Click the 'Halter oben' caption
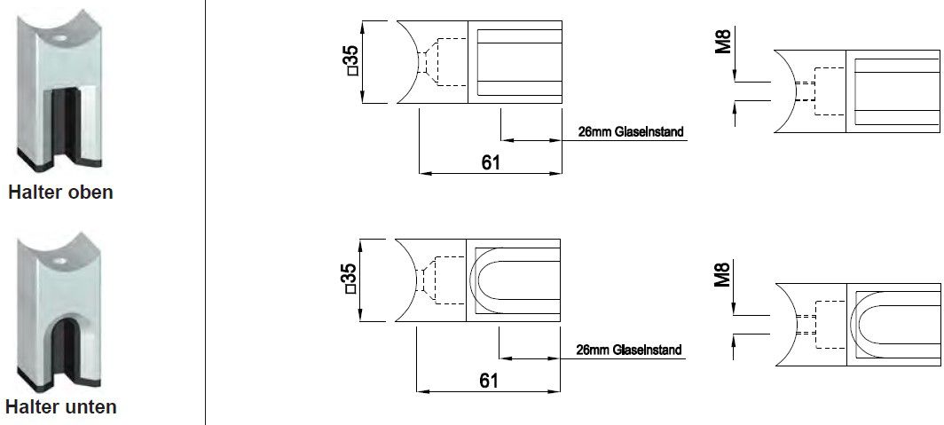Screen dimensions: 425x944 (x=60, y=193)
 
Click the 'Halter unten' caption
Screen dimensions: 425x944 (x=60, y=407)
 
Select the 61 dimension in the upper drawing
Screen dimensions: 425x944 (x=490, y=161)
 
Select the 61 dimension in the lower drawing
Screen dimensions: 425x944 (x=488, y=380)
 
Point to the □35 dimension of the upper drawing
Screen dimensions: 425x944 (x=351, y=62)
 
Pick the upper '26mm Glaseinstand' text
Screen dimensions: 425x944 (x=630, y=132)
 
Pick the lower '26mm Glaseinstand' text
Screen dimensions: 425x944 (x=628, y=350)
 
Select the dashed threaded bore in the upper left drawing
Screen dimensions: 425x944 (x=444, y=62)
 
